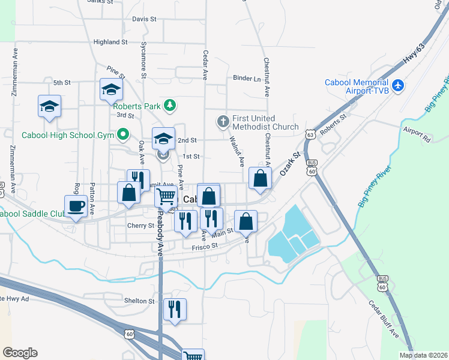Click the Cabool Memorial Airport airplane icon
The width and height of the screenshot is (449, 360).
coord(397,86)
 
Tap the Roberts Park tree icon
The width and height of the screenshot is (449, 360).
coord(170,106)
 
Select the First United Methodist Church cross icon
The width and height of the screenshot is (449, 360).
coord(223,122)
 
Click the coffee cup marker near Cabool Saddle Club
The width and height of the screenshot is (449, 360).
coord(76,206)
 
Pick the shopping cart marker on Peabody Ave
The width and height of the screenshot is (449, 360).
coord(166,196)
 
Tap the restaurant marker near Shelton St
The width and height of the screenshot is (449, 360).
coord(175,309)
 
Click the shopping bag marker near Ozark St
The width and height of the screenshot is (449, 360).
coord(260,178)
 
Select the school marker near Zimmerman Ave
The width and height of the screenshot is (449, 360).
coord(49,106)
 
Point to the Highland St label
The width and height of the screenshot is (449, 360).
coord(110,43)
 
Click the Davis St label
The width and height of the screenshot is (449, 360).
coord(144,19)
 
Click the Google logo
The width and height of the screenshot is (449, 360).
coord(20,353)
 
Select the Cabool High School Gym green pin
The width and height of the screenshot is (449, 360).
coord(125,134)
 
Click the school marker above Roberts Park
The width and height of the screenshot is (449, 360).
coord(110,89)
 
